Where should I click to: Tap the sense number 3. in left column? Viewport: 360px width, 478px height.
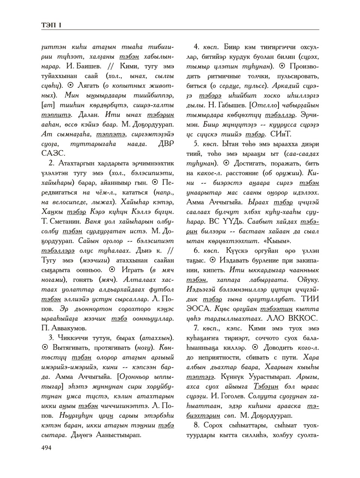coord(52,338)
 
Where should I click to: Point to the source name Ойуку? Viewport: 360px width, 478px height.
coord(307,280)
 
